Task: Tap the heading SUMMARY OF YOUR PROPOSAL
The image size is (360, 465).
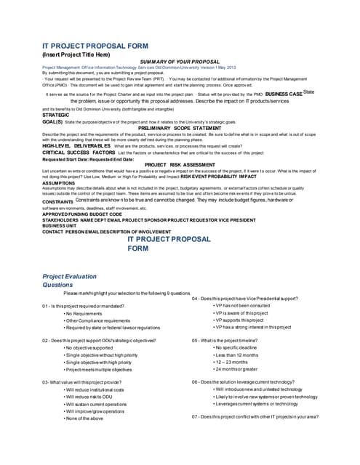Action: [x=180, y=62]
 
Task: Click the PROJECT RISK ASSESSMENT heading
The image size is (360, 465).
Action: [x=180, y=164]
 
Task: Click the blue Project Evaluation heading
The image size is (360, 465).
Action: [x=70, y=277]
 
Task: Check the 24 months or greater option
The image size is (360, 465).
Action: [x=242, y=368]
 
